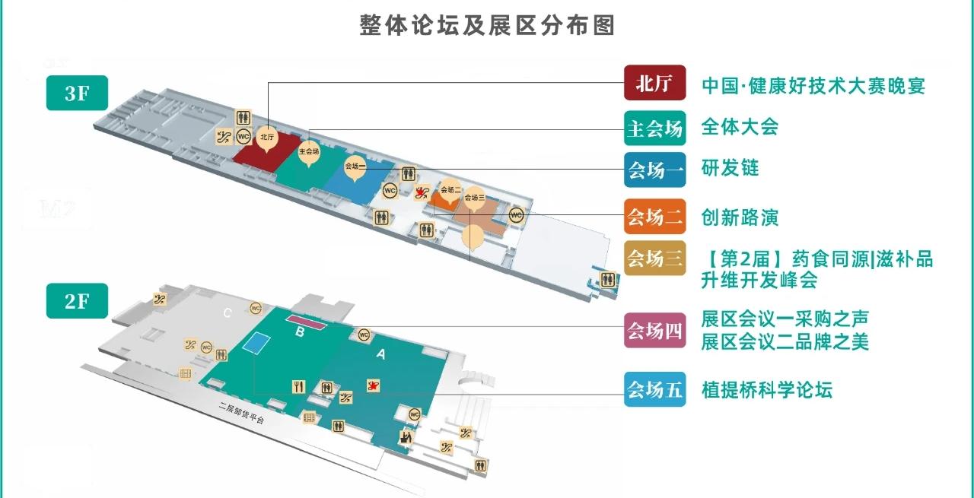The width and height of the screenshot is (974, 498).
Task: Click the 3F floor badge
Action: click(77, 94)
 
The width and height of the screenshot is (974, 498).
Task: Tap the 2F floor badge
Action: click(77, 301)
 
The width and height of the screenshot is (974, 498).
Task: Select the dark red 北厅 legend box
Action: click(654, 83)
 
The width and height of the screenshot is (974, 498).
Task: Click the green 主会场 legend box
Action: click(654, 127)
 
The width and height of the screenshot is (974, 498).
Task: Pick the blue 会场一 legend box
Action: click(654, 170)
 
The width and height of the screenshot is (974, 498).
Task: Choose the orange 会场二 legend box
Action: click(654, 217)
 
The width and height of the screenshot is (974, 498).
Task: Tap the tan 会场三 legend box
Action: click(654, 259)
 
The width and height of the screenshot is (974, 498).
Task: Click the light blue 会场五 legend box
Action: click(654, 389)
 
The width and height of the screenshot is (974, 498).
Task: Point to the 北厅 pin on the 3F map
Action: click(266, 138)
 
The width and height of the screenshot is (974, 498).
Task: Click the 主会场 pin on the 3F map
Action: click(309, 151)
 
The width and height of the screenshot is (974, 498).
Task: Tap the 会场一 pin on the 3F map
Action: click(355, 167)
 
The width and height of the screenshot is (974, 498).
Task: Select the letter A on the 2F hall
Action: click(380, 354)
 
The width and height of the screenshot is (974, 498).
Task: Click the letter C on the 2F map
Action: click(228, 312)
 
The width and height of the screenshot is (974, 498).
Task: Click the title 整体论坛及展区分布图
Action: click(487, 26)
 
